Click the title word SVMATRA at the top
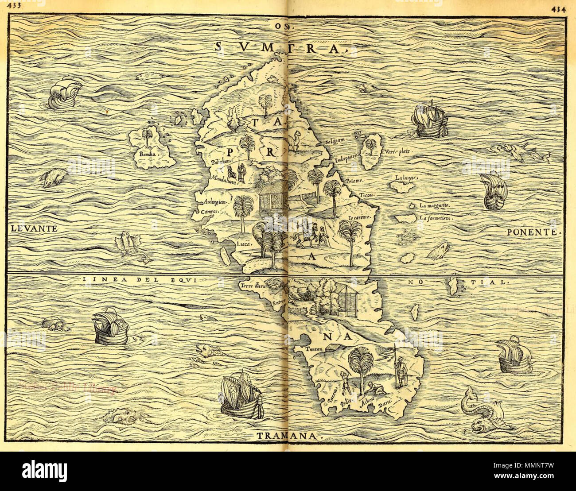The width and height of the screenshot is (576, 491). [x=280, y=47]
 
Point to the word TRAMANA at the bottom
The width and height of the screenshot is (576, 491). [x=288, y=436]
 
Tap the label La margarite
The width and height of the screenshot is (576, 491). [x=436, y=205]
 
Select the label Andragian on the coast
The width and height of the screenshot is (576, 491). [x=215, y=201]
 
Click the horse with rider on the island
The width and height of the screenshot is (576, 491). [x=304, y=234]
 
